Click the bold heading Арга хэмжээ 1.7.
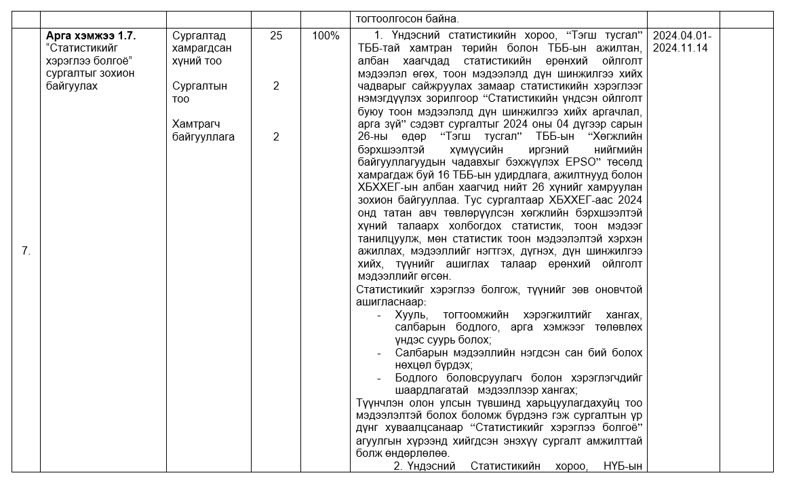click(91, 36)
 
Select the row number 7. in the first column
click(26, 251)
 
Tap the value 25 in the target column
click(276, 36)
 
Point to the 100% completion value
click(326, 36)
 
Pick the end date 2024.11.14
click(681, 48)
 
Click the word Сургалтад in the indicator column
click(199, 36)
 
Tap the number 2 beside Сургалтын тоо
click(276, 86)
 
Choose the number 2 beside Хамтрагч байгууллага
click(276, 136)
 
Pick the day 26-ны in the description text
click(373, 137)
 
